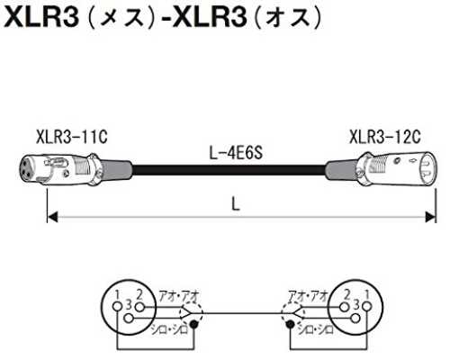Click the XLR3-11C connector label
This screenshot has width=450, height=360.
pos(71,138)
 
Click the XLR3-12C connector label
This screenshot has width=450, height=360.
pos(385,137)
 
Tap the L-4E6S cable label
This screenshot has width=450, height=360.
pos(236,153)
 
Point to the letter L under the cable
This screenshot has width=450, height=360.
pos(236,205)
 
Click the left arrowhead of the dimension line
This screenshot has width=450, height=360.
pos(52,217)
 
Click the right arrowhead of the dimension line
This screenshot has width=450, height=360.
pos(431,217)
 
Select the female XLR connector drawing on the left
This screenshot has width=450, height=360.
pos(75,169)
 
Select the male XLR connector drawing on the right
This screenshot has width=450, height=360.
pos(381,168)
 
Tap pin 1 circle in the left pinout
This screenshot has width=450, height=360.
pos(118,307)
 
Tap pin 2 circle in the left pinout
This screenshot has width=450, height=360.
pos(139,307)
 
